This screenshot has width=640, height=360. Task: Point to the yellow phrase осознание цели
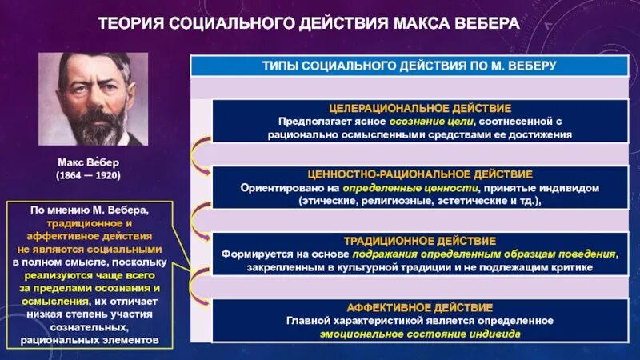tap(437, 121)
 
